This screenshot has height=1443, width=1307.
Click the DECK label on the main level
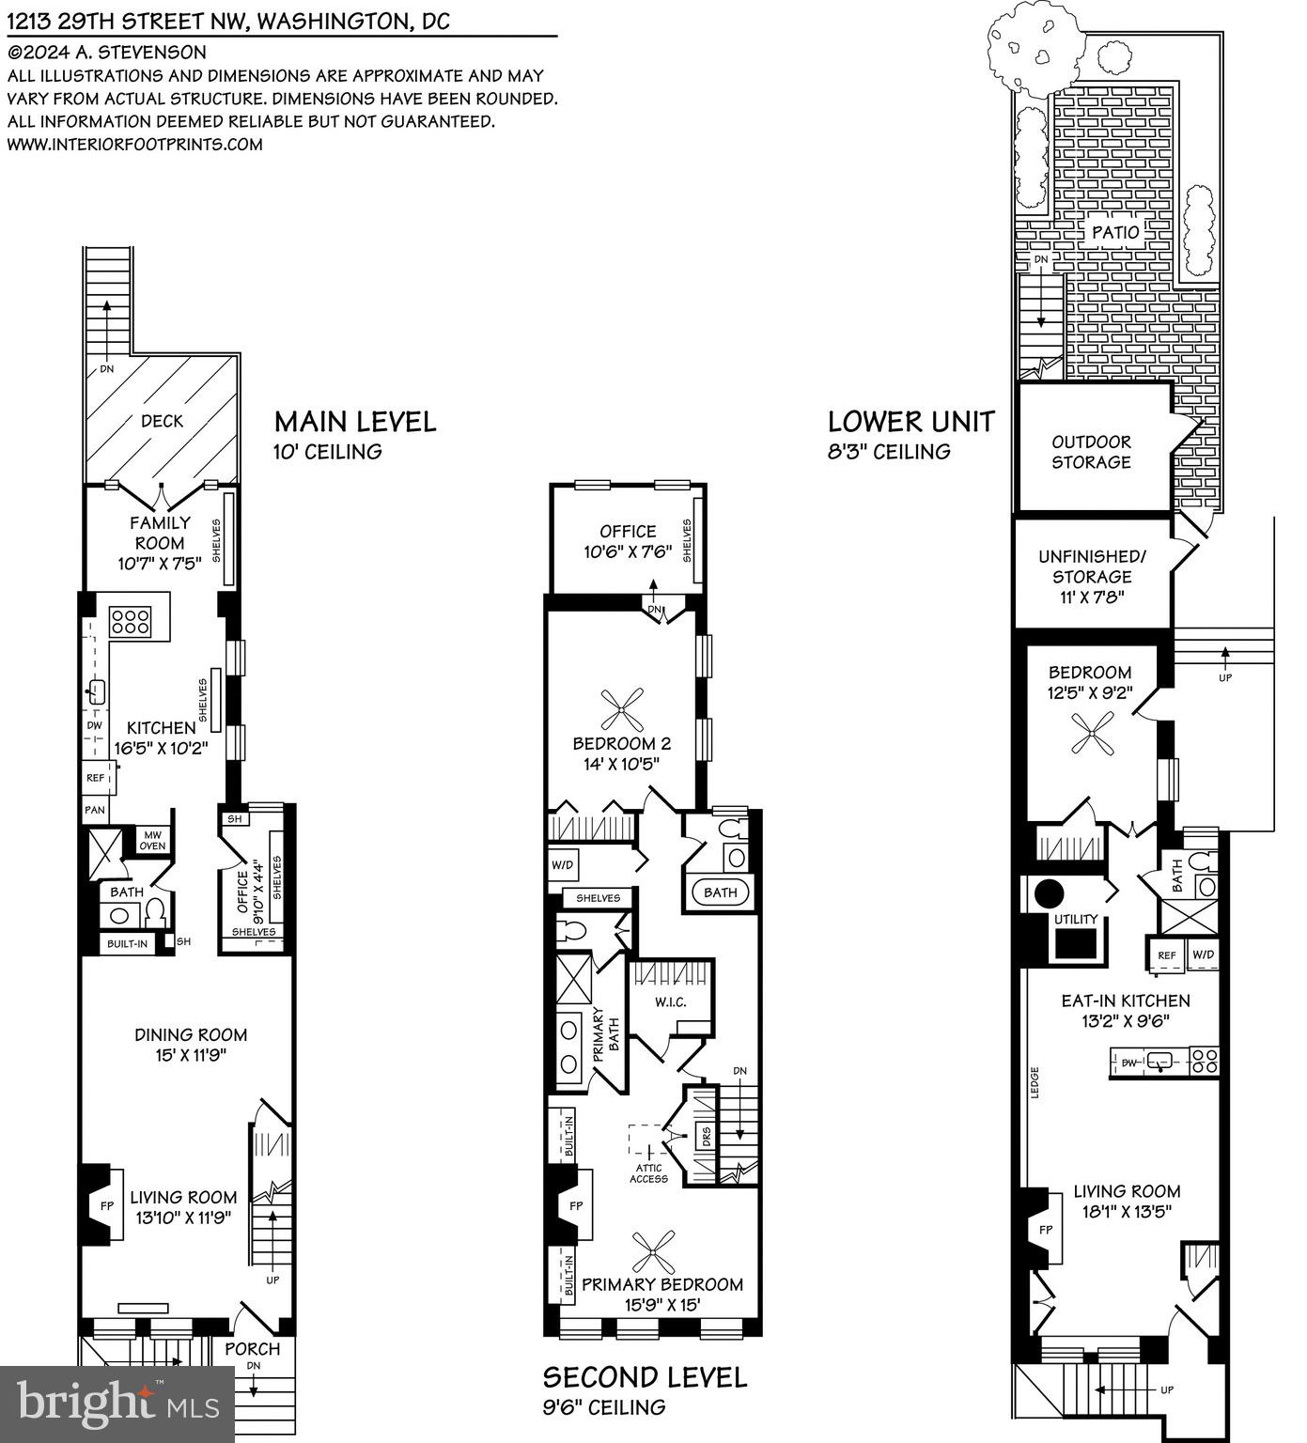click(162, 421)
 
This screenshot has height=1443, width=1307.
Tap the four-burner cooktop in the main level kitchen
click(131, 621)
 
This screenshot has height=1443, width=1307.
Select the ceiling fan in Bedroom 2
click(622, 707)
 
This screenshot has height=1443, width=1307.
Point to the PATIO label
click(1115, 232)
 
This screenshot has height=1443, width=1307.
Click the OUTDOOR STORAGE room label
click(1091, 452)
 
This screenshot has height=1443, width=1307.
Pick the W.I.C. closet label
click(670, 1001)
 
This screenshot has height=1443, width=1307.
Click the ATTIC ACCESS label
click(648, 1173)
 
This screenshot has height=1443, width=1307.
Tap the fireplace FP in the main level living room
click(106, 1204)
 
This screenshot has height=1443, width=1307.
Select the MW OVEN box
click(152, 840)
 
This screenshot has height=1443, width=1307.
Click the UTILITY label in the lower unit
click(1076, 919)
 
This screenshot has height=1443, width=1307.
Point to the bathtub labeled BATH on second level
click(720, 892)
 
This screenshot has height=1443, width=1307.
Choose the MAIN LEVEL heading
click(355, 422)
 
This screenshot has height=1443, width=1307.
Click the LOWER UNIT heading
click(910, 422)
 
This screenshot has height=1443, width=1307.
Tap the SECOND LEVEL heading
click(645, 1377)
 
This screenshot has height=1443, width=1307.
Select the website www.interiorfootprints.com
click(135, 145)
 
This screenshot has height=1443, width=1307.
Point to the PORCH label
click(252, 1348)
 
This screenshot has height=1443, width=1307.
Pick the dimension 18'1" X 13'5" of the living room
click(1127, 1212)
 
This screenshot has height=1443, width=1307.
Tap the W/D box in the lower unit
click(1203, 955)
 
